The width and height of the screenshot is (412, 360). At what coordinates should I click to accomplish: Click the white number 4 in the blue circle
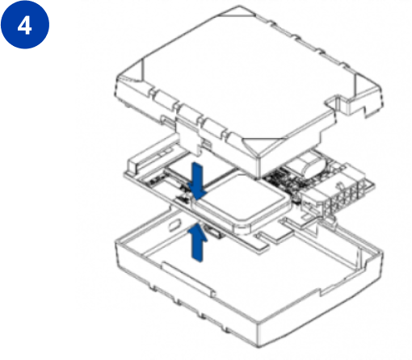[x=24, y=27]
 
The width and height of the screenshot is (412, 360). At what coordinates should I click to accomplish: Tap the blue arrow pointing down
[x=197, y=181]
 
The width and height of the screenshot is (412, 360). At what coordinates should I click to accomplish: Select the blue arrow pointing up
[x=198, y=242]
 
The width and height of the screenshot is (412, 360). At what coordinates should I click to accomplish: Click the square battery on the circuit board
[x=241, y=203]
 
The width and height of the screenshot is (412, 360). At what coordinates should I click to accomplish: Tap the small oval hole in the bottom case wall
[x=174, y=225]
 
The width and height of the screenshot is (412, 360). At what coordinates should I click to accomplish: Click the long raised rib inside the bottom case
[x=188, y=278]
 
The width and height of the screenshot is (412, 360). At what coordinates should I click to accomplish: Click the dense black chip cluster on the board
[x=280, y=181]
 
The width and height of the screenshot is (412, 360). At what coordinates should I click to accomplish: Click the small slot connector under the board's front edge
[x=214, y=232]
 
